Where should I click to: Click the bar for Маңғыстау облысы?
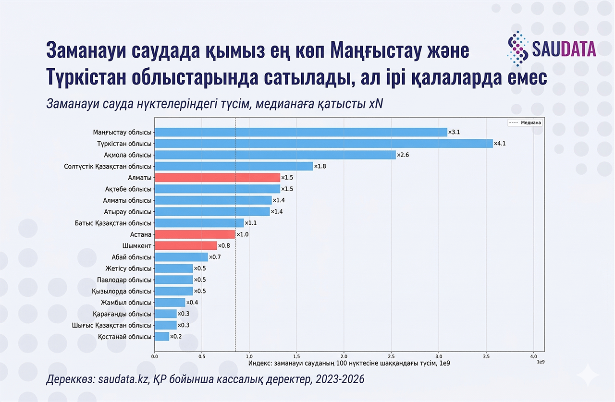tap(301, 132)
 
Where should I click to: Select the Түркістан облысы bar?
tap(323, 144)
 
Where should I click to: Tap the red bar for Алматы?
tap(217, 178)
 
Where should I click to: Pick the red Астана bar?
tap(195, 234)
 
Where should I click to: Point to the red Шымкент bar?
tap(186, 246)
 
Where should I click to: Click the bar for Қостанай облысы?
tap(162, 337)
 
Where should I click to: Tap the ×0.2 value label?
tap(176, 337)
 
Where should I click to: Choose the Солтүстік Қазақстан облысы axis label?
tap(108, 167)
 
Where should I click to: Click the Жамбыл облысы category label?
tap(126, 303)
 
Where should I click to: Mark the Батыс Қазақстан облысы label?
tap(113, 223)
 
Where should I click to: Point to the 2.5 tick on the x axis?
tap(391, 356)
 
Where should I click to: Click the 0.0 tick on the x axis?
tap(155, 356)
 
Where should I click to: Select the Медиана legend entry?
tap(525, 122)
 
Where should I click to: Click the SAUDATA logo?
tap(552, 48)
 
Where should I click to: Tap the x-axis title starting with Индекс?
tap(349, 364)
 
